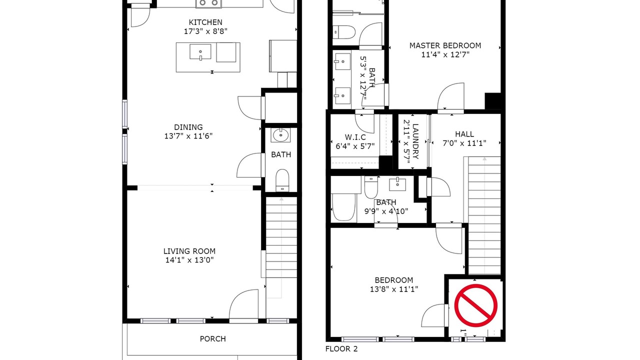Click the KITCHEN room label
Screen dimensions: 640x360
coord(205,22)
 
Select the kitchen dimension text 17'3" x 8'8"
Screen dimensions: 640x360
coord(205,31)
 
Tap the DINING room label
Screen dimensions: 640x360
coord(188,127)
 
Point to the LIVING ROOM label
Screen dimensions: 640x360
coord(189,251)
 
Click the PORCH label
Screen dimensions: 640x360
coord(213,339)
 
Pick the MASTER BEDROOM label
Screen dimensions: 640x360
coord(445,45)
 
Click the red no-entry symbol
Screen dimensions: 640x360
coord(475,305)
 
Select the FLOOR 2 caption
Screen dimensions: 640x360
coord(341,349)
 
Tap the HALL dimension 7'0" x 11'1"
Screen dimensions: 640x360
coord(464,143)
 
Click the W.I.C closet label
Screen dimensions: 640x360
coord(355,137)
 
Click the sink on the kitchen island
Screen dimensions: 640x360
coord(200,52)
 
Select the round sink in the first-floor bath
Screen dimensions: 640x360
coord(280,135)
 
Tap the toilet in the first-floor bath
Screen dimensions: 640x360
coord(282,180)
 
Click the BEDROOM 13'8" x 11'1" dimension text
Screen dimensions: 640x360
coord(394,289)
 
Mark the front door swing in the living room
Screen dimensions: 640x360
coord(243,304)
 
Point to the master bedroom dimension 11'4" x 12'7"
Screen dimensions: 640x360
coord(445,54)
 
